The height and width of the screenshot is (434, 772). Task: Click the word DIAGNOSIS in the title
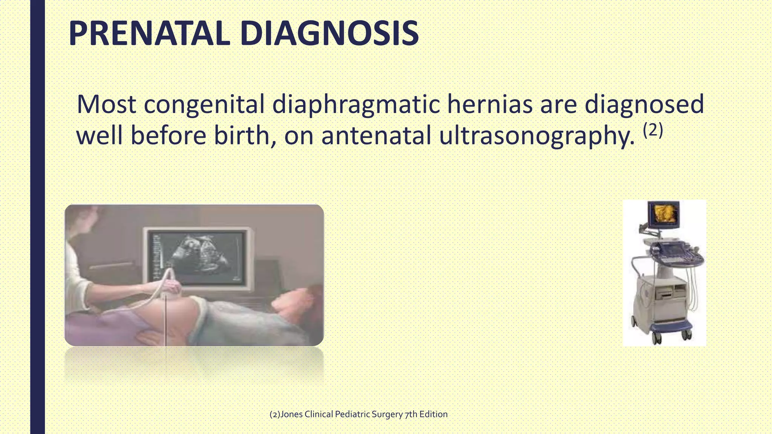click(329, 34)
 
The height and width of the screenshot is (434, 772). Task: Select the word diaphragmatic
click(355, 104)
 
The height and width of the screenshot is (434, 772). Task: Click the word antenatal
click(376, 136)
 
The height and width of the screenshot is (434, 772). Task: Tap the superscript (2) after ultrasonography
click(653, 130)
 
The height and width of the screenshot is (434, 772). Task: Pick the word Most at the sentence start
click(106, 104)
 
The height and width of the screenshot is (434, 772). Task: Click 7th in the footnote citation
click(411, 414)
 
